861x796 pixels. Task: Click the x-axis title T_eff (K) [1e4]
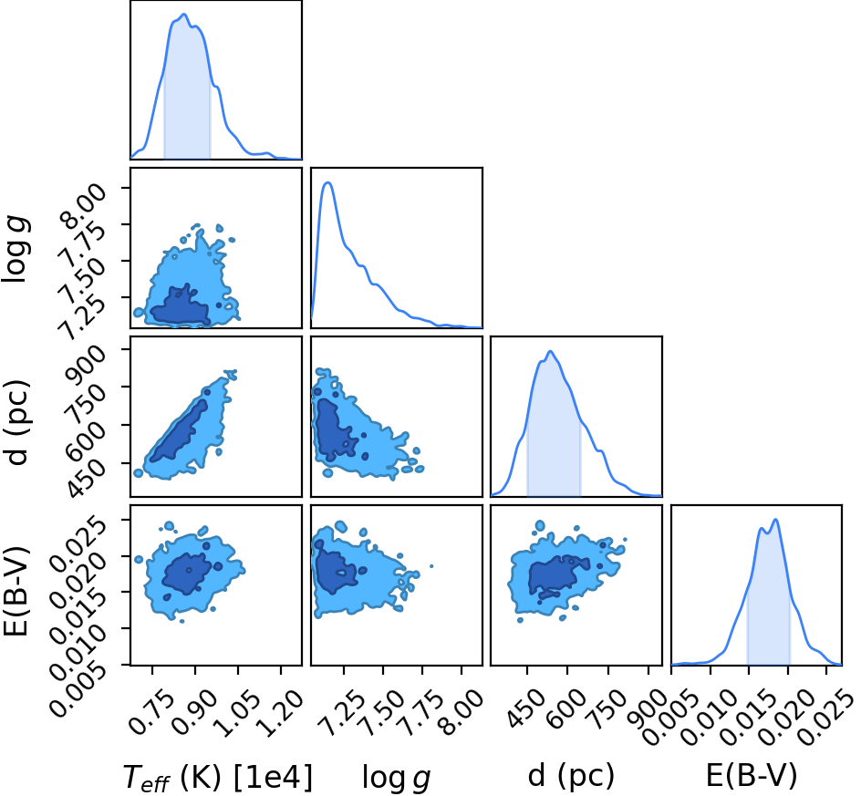coord(218,779)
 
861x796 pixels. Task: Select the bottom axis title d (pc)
coord(571,777)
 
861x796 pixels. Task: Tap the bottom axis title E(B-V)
coord(752,777)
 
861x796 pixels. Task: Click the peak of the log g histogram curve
coord(327,182)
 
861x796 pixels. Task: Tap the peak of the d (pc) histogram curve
coord(550,351)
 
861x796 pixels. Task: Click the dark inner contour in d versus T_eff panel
coord(180,431)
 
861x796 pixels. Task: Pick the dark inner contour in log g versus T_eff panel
coord(180,307)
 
